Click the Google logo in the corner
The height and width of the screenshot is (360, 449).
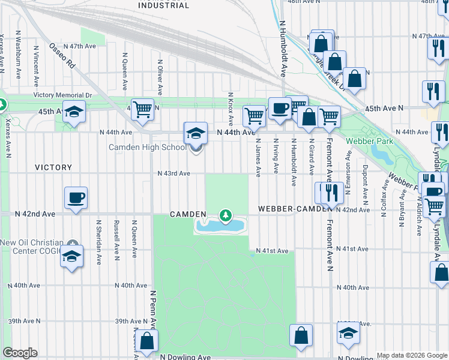click(20, 353)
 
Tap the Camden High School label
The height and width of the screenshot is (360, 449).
click(147, 148)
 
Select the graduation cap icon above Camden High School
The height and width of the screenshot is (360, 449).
click(196, 133)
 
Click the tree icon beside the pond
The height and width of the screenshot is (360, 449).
click(226, 215)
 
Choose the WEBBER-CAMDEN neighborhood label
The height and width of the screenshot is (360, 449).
click(294, 208)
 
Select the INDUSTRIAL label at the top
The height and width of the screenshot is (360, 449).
click(163, 5)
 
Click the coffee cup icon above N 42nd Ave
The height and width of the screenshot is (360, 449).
click(76, 198)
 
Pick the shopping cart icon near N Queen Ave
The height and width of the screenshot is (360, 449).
click(142, 109)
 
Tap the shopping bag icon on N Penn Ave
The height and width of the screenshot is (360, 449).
click(146, 341)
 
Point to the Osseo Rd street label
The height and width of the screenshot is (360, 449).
click(62, 56)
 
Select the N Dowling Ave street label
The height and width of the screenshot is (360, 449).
click(185, 356)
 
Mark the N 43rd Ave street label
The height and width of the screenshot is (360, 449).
click(173, 173)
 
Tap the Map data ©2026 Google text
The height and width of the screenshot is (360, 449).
click(411, 355)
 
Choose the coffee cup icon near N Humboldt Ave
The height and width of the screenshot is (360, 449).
click(280, 108)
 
